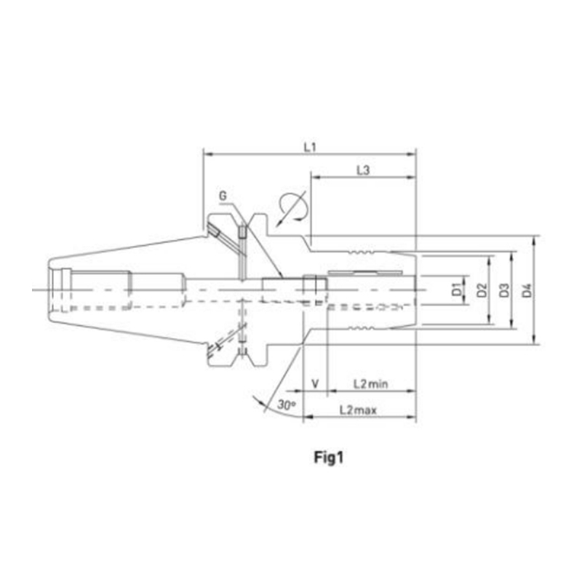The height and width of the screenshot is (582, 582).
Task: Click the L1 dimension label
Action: [x=310, y=148]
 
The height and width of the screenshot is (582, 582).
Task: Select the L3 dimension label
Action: [x=363, y=170]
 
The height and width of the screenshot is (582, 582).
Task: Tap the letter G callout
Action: [x=223, y=196]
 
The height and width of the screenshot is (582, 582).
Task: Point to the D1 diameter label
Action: [x=457, y=290]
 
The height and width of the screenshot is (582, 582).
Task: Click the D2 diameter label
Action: [x=482, y=290]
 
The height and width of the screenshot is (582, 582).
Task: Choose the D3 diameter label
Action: [x=504, y=290]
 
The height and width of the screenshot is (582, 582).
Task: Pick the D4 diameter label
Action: [x=527, y=290]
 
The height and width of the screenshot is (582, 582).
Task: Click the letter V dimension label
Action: [x=315, y=383]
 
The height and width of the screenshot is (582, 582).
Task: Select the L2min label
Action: [x=370, y=383]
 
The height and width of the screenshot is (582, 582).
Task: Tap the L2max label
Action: [x=358, y=410]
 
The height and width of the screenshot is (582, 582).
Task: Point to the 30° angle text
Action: [x=287, y=405]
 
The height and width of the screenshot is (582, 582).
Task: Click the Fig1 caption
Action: [x=329, y=458]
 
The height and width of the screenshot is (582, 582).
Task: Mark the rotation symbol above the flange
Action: [x=292, y=207]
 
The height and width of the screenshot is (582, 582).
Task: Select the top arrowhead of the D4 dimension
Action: [x=534, y=241]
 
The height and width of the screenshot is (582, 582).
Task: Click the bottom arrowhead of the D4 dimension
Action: [x=534, y=340]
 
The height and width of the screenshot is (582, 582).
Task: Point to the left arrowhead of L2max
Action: [x=308, y=417]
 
